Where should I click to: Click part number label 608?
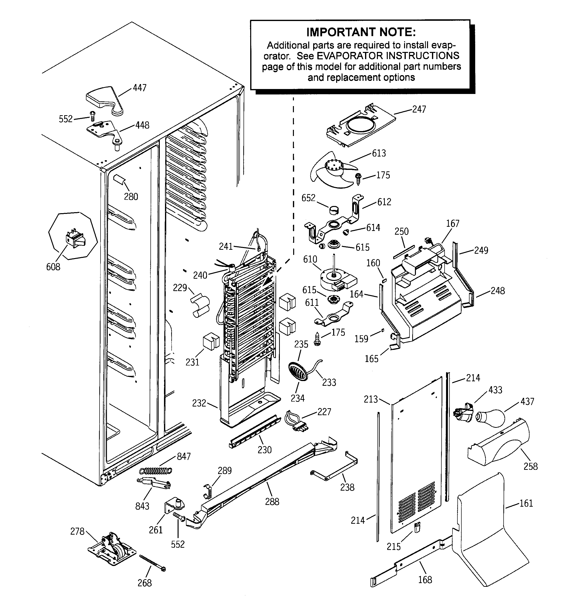[x=53, y=267]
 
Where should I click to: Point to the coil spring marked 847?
[x=155, y=471]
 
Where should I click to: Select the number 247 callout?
[x=419, y=109]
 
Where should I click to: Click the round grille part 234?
[x=298, y=372]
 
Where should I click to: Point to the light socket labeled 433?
[x=463, y=412]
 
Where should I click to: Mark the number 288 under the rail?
[x=272, y=501]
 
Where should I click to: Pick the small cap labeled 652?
[x=334, y=210]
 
